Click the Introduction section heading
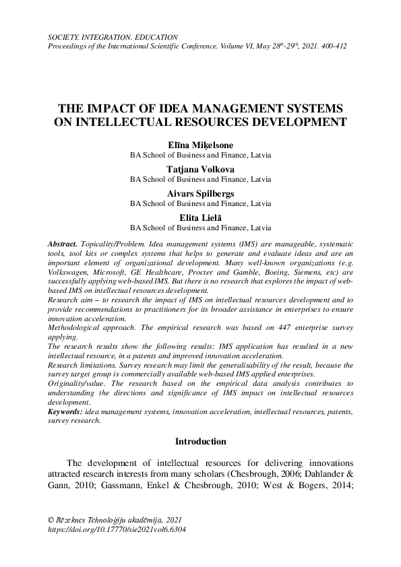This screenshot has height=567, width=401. (200, 442)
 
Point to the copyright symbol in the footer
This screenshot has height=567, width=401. (51, 520)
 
